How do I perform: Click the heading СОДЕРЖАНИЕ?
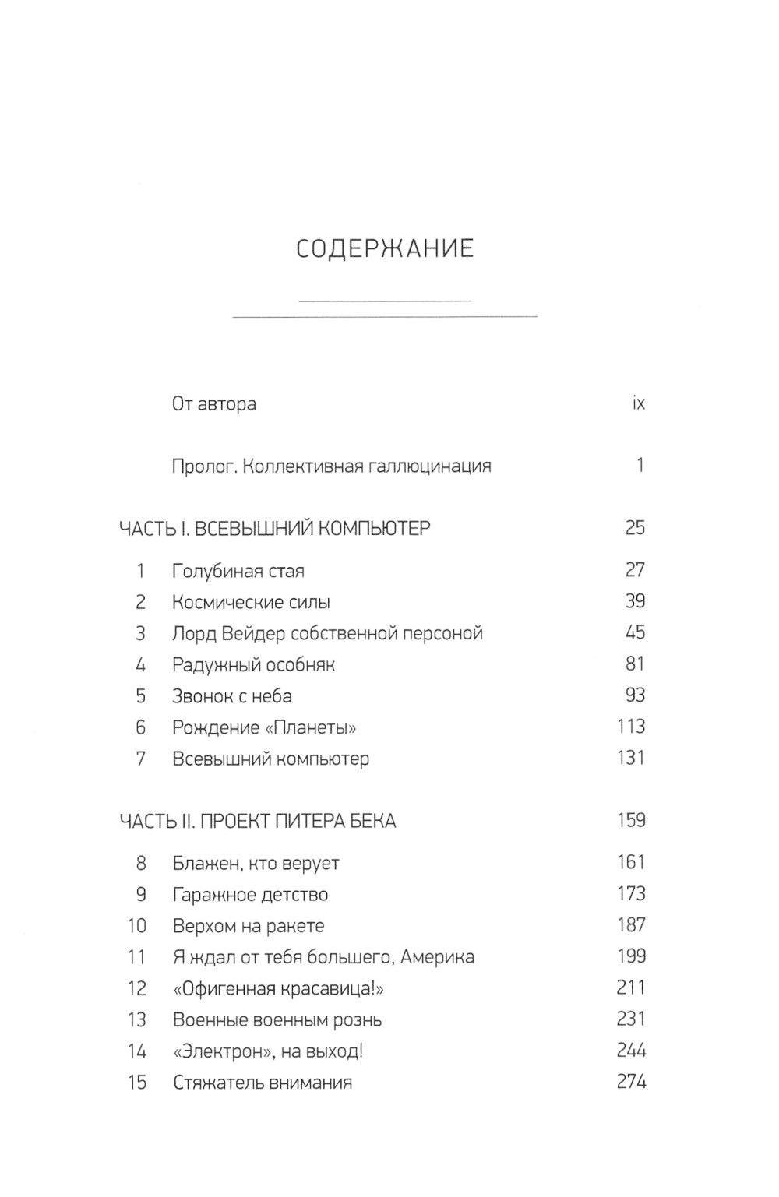tap(385, 248)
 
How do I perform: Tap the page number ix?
tap(638, 403)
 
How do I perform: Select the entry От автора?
tap(213, 404)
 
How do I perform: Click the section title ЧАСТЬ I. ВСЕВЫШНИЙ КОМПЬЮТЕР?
tap(274, 529)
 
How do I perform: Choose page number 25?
tap(635, 528)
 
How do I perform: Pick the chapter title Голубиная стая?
tap(238, 571)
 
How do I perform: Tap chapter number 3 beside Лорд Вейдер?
tap(140, 633)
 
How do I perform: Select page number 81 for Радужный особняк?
tap(635, 664)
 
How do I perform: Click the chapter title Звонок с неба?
tap(231, 696)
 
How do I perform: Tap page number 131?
tap(631, 758)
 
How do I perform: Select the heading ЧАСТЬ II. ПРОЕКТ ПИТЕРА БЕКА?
tap(257, 821)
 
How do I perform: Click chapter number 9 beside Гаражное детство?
tap(140, 895)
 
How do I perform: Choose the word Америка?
tap(438, 957)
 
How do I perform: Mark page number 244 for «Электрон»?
tap(631, 1051)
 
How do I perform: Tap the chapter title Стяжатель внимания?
tap(262, 1083)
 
